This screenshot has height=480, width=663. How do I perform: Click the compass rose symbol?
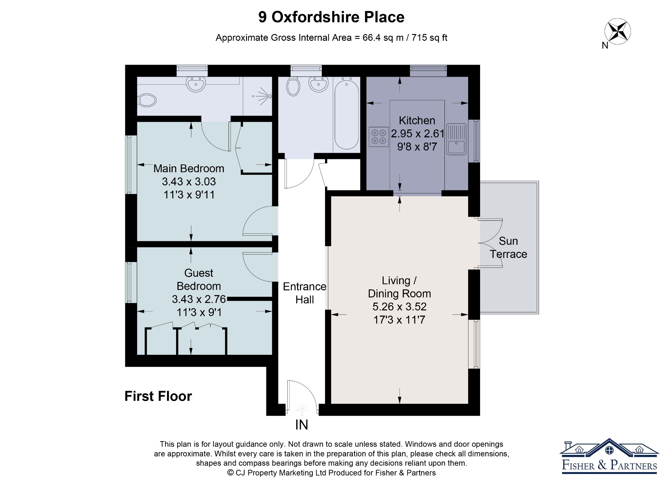(617, 31)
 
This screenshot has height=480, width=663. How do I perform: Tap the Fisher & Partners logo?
(609, 456)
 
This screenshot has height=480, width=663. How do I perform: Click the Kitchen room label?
(417, 120)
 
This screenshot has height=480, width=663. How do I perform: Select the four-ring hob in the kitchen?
(379, 137)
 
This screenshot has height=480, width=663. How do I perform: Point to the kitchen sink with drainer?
(456, 139)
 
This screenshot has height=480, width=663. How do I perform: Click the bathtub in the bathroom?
(347, 115)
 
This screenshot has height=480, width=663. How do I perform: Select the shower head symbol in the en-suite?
(263, 96)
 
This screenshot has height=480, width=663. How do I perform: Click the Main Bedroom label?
(189, 168)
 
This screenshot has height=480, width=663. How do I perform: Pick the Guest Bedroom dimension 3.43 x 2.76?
(199, 299)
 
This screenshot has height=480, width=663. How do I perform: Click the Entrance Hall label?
(305, 293)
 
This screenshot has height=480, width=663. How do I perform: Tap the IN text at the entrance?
(302, 425)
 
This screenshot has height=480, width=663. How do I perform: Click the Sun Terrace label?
(508, 248)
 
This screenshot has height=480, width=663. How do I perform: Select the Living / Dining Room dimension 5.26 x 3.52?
(399, 307)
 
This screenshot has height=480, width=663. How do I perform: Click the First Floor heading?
(158, 396)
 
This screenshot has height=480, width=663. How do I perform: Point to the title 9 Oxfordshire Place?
(331, 17)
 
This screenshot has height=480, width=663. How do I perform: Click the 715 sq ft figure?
(429, 38)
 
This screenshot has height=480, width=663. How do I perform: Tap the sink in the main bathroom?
(319, 84)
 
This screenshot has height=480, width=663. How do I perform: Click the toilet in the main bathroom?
(293, 86)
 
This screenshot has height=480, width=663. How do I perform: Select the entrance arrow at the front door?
(302, 410)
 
